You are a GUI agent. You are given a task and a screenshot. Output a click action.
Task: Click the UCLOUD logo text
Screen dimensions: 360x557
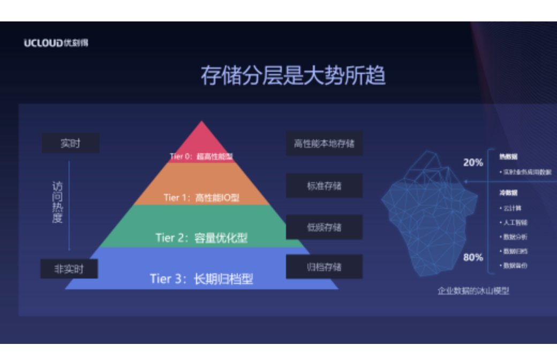click(x=56, y=43)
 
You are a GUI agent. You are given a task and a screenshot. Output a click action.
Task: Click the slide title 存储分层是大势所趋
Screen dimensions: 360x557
click(x=293, y=76)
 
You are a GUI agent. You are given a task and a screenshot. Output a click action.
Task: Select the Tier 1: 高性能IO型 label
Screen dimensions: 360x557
click(x=201, y=198)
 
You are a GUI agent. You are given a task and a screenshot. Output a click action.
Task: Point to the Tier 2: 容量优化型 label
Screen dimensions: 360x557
click(x=201, y=237)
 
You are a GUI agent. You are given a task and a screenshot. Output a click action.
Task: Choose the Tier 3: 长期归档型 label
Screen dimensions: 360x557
click(x=201, y=279)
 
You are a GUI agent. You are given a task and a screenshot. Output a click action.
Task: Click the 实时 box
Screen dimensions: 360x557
click(x=70, y=144)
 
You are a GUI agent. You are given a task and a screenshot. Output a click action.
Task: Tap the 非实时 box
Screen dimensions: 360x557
click(x=69, y=269)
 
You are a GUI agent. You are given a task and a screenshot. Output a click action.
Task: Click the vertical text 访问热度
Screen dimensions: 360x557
click(x=57, y=202)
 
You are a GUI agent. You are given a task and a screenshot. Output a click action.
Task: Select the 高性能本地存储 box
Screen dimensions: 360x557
click(x=324, y=144)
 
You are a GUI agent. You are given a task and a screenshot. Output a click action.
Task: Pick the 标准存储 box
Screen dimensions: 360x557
click(x=324, y=186)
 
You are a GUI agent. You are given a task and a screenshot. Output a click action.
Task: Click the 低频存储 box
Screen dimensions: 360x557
click(x=324, y=227)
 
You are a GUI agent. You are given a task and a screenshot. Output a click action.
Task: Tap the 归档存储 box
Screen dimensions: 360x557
click(x=324, y=267)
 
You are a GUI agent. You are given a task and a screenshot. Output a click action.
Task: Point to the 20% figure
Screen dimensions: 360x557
click(x=473, y=162)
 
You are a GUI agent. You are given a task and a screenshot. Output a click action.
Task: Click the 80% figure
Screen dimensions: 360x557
click(x=473, y=257)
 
